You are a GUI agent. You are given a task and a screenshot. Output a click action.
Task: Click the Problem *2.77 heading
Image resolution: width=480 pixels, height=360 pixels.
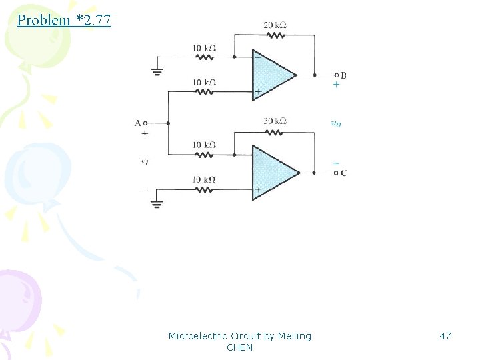(64, 20)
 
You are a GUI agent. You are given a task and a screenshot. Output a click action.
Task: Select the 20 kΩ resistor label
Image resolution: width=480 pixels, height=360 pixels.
(275, 25)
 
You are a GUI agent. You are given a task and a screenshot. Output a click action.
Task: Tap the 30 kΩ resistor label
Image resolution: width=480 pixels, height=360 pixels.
(275, 121)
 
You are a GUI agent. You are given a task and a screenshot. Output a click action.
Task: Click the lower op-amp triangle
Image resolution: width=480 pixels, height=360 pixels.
(273, 172)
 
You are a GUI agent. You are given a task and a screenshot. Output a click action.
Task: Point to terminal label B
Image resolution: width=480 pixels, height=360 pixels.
(343, 75)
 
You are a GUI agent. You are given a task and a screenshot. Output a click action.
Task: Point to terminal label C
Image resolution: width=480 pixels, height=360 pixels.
(343, 173)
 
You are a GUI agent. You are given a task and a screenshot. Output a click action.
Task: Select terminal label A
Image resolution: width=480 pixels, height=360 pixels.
(137, 123)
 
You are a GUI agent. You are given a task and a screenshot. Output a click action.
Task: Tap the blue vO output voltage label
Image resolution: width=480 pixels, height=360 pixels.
(335, 123)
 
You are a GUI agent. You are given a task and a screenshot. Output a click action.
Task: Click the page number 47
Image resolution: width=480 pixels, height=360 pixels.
(445, 336)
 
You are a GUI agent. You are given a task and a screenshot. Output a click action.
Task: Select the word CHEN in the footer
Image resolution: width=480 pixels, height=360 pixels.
(240, 347)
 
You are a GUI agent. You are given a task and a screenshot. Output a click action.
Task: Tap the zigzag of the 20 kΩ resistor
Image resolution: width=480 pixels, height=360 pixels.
(275, 35)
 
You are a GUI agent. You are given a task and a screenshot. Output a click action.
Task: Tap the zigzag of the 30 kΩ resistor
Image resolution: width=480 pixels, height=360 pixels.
(275, 131)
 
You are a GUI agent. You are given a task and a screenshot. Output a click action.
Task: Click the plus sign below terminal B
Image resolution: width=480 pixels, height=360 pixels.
(335, 85)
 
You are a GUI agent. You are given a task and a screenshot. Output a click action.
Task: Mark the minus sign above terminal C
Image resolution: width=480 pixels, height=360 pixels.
(335, 162)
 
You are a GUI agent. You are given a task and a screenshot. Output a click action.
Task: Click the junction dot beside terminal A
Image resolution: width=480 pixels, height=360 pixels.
(168, 123)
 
